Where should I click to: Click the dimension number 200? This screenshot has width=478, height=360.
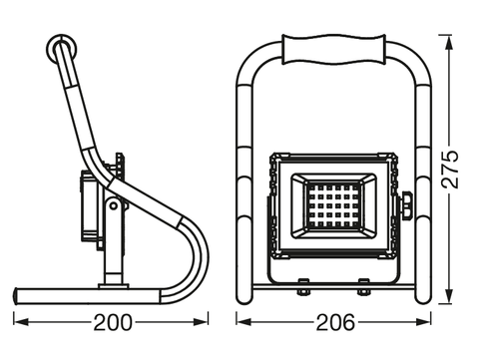(113, 322)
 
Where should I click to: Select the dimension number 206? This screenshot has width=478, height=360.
(335, 322)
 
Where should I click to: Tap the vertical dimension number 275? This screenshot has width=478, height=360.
(450, 170)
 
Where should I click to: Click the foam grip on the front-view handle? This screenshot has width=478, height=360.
(334, 49)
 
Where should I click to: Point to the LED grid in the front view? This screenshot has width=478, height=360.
(332, 205)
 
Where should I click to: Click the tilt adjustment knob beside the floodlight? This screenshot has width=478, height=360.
(406, 205)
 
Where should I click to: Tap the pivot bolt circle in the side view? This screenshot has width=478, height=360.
(114, 205)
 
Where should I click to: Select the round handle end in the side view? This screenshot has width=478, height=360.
(62, 50)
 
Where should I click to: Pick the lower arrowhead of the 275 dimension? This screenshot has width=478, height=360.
(449, 296)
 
